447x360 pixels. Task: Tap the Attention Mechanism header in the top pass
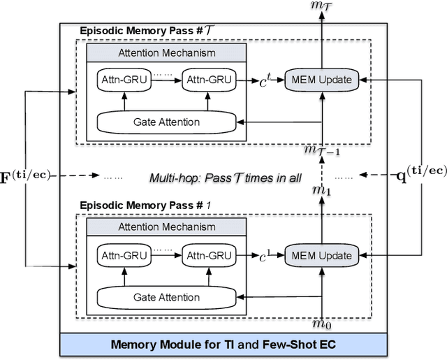[166, 52]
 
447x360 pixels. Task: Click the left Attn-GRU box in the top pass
[123, 80]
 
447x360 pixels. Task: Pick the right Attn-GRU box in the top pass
[206, 80]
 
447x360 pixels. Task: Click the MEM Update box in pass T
[323, 80]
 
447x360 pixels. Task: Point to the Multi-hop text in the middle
[225, 178]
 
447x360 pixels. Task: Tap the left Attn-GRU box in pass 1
[123, 254]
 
